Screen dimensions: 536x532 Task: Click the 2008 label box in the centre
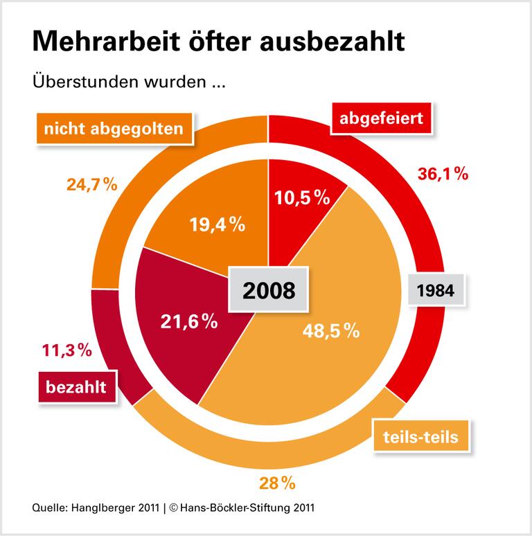tap(269, 289)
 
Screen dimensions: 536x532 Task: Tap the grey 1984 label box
tap(436, 290)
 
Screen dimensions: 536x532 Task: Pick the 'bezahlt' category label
tap(76, 386)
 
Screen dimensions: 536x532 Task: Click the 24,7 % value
tap(92, 185)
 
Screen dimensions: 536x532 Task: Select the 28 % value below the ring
tap(276, 482)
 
